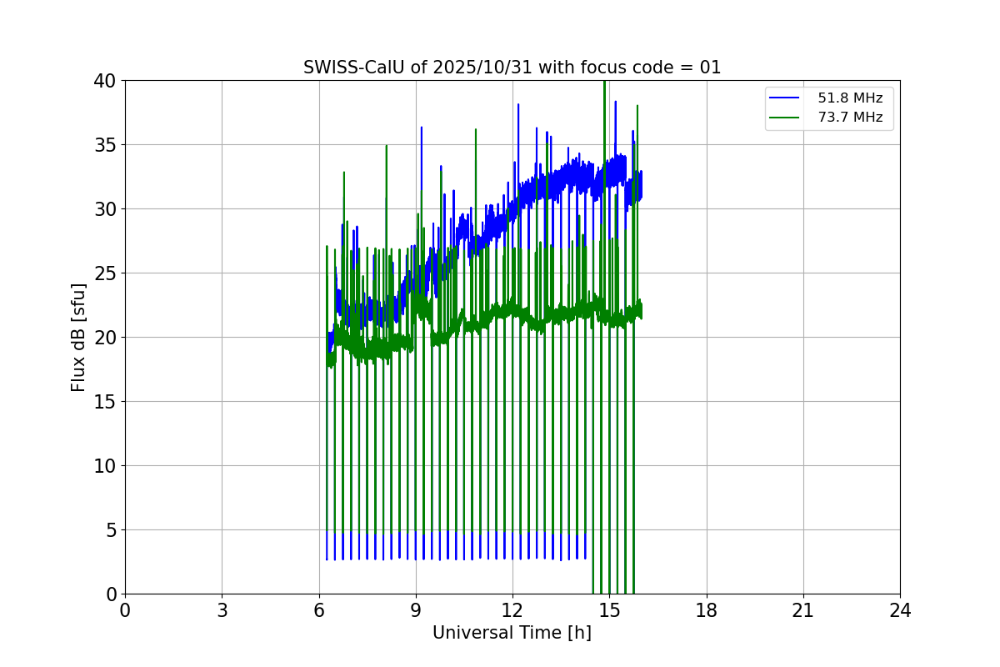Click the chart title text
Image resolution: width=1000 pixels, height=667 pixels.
point(512,68)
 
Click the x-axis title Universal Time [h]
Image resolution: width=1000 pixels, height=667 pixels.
point(512,633)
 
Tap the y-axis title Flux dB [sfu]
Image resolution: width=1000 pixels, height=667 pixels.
point(78,337)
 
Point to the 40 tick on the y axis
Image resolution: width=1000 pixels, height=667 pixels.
point(105,81)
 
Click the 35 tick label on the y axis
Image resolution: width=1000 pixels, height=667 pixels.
point(105,145)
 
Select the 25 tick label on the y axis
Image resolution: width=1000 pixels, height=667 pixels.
point(105,273)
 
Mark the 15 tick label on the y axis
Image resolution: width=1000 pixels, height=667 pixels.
point(105,402)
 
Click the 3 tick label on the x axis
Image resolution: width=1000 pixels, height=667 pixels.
point(222,611)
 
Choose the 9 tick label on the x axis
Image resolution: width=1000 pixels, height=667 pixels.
point(416,611)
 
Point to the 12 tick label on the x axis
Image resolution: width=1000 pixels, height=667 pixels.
point(512,611)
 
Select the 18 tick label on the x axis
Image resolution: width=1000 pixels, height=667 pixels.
point(707,611)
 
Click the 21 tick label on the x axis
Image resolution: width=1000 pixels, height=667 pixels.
point(803,611)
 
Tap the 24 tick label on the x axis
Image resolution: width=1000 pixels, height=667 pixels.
point(900,611)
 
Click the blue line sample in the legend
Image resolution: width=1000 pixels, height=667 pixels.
point(785,98)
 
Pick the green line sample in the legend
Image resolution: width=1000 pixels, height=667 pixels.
point(785,118)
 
